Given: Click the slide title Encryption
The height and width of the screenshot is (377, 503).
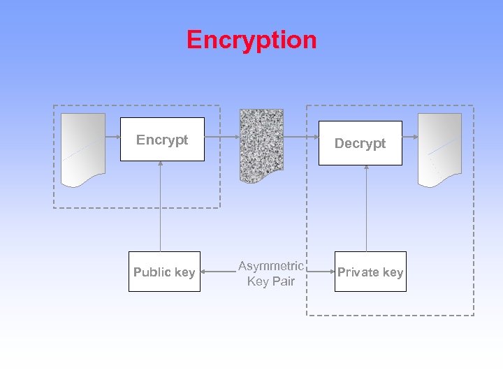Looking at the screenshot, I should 251,40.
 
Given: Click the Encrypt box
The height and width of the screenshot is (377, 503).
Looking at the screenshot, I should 162,140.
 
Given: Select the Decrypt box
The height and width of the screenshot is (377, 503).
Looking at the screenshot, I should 360,143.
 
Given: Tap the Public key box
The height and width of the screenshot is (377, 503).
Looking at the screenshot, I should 164,272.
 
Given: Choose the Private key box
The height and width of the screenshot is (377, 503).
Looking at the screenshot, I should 370,272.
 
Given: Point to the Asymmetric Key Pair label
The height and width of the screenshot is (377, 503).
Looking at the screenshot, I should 271,274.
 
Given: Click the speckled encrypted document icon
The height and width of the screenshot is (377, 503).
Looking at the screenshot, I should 261,145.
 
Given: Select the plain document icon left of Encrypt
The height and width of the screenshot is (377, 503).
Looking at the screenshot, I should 83,149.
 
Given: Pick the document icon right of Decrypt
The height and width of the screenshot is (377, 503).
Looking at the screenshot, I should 439,149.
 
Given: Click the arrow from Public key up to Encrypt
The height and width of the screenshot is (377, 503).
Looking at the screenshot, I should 161,206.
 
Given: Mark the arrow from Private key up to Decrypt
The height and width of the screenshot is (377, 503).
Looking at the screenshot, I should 367,208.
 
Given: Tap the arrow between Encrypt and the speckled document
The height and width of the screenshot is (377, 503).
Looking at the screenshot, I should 222,138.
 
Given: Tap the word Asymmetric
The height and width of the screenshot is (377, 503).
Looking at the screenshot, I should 270,266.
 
